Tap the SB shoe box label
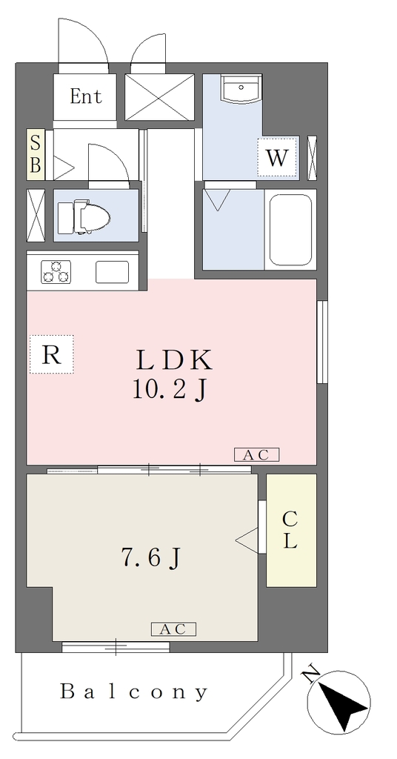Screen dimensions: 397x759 [36, 154]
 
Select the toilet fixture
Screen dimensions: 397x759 [83, 216]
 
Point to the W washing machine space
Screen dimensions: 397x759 [276, 157]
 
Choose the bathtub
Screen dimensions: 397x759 [290, 230]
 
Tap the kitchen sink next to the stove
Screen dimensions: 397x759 [112, 271]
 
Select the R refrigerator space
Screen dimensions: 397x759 [52, 354]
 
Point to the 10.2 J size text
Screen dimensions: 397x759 [170, 390]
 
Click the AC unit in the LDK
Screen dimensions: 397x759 [257, 454]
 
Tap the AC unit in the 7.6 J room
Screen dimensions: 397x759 [173, 629]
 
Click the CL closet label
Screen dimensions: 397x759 [290, 530]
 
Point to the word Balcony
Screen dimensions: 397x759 [133, 692]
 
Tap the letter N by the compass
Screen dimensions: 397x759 [312, 672]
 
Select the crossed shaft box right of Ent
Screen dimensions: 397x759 [159, 97]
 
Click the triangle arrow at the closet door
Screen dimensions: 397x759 [247, 540]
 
